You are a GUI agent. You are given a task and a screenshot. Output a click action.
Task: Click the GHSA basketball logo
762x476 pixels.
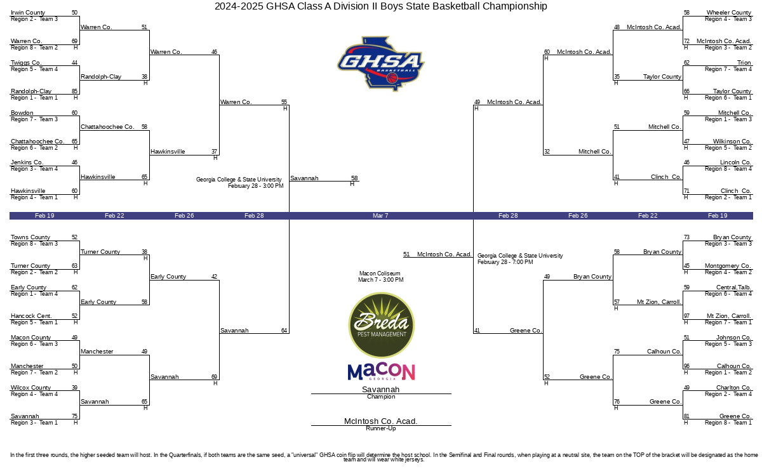tap(380, 63)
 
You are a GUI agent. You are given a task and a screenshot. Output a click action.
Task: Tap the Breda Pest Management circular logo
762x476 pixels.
tap(381, 325)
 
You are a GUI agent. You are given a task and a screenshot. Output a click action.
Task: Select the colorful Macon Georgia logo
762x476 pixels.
tap(381, 371)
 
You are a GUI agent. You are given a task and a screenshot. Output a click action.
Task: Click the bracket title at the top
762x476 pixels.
tap(380, 6)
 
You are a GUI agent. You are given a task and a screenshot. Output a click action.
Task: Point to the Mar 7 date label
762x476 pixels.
tap(380, 216)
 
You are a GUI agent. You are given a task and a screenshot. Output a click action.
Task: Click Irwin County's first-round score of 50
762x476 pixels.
tap(74, 13)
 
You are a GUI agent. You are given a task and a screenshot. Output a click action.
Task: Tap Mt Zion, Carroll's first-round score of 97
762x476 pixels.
tap(687, 316)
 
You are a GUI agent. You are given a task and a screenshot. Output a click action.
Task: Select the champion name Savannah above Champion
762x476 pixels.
tap(380, 389)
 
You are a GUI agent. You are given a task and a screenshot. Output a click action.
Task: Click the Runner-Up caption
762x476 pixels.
tap(380, 428)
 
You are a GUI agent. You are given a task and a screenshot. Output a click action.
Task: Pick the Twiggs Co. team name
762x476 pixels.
tap(26, 63)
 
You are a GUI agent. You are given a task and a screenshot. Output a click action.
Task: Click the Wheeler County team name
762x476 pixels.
tap(729, 13)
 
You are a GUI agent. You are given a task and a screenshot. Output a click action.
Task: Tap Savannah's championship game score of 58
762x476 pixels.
tap(354, 178)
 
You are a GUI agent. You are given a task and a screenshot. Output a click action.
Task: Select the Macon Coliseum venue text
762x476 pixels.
tap(380, 274)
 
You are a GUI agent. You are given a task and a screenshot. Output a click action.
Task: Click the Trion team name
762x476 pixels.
tap(744, 63)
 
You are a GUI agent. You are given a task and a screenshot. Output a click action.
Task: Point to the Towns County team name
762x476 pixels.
tap(30, 237)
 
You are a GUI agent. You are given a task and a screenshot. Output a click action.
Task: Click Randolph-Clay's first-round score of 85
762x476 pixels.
tap(74, 91)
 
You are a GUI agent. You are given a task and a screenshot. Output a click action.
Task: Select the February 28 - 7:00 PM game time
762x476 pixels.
tap(505, 262)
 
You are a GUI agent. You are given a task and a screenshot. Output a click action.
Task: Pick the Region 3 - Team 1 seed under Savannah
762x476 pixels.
tap(34, 423)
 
